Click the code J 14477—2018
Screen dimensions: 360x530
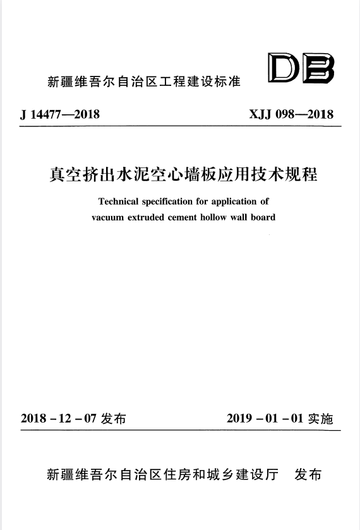60,114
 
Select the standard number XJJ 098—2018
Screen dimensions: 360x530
292,114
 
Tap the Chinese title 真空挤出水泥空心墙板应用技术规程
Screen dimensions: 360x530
183,174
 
